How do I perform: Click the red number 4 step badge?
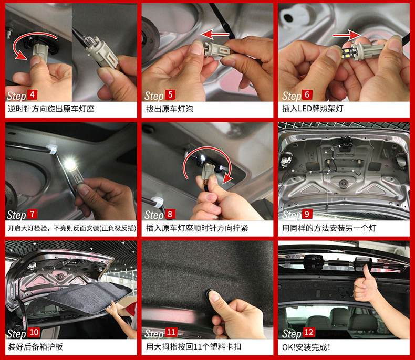pos(32,94)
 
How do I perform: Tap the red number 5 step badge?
pos(170,94)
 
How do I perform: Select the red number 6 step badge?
pos(307,94)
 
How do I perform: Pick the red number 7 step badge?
pos(32,214)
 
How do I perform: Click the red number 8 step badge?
pos(170,214)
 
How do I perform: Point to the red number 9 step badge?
pos(307,214)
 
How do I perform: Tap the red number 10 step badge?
pos(34,332)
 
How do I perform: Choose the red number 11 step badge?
pos(171,332)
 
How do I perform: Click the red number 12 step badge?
pos(308,332)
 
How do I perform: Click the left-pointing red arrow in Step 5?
pos(215,34)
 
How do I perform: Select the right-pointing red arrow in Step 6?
pos(347,35)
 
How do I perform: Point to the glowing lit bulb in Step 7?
pos(70,164)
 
